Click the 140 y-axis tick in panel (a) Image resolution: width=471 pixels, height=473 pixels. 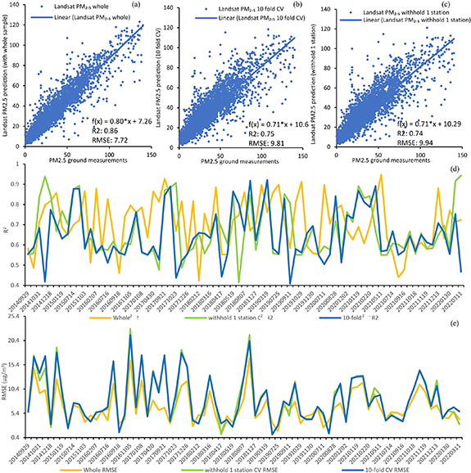click(x=17, y=7)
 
